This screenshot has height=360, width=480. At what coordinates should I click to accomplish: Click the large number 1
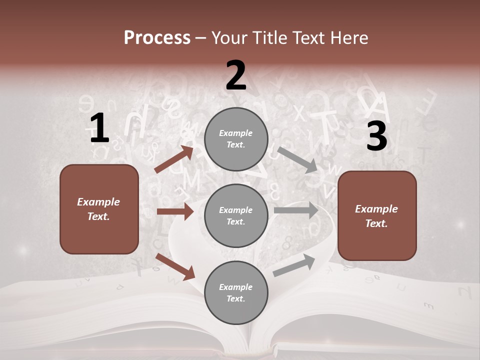(99, 128)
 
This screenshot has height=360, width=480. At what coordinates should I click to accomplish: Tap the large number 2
(236, 76)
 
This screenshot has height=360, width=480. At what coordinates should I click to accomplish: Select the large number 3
(376, 136)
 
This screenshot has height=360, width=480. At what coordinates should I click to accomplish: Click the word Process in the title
(157, 37)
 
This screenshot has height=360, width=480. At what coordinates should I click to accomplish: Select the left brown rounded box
(99, 209)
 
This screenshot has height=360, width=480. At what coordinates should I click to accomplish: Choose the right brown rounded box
(377, 215)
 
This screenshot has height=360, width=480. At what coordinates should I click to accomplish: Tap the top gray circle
(236, 139)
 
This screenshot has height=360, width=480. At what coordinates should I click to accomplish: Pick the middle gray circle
(236, 215)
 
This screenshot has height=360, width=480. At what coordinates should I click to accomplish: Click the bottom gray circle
(236, 292)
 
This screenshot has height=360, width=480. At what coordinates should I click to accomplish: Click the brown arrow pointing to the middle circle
(175, 211)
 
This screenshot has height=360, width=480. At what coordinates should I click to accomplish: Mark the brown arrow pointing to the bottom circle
(175, 266)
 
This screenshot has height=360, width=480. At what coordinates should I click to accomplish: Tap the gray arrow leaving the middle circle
(296, 210)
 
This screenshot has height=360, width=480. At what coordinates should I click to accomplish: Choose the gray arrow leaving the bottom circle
(294, 265)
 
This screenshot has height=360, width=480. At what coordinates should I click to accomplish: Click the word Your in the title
(230, 37)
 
